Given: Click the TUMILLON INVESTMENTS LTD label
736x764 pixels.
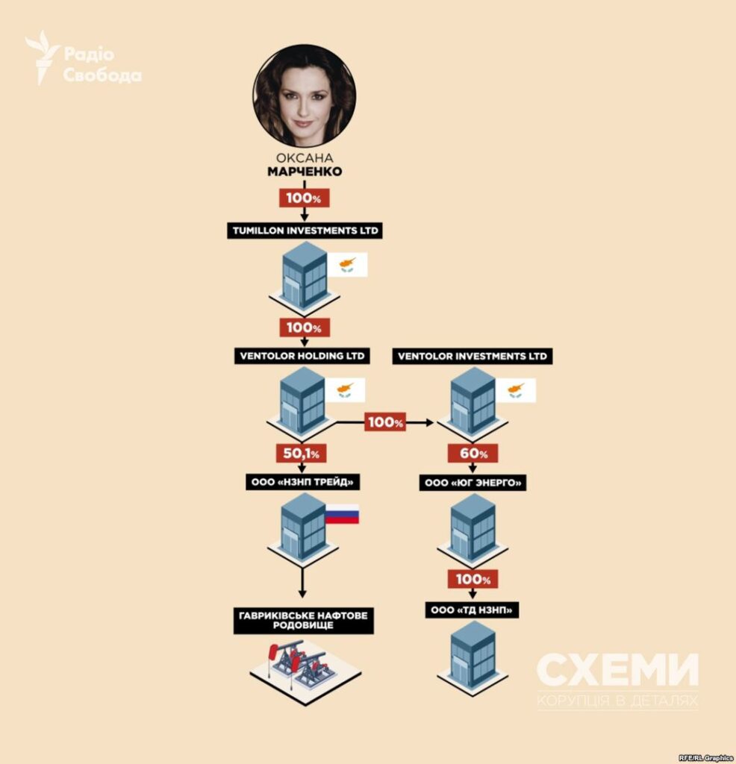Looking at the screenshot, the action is pyautogui.click(x=305, y=231).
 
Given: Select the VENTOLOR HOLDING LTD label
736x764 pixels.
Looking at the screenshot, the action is pyautogui.click(x=302, y=356).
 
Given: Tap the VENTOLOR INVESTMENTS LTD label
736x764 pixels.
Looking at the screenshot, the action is pyautogui.click(x=473, y=356).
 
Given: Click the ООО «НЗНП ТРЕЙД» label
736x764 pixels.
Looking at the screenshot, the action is pyautogui.click(x=303, y=482).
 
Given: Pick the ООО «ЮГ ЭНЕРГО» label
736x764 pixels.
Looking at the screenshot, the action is pyautogui.click(x=473, y=483).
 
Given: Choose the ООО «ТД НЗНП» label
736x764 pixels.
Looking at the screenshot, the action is pyautogui.click(x=472, y=610).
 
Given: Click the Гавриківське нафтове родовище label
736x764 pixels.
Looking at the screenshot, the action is pyautogui.click(x=304, y=620).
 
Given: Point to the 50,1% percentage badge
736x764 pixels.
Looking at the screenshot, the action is pyautogui.click(x=302, y=454).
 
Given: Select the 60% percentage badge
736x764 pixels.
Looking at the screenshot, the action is pyautogui.click(x=473, y=454).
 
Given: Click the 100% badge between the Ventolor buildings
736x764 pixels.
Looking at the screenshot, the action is pyautogui.click(x=385, y=422).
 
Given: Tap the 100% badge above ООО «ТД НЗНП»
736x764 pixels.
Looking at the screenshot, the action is pyautogui.click(x=473, y=579).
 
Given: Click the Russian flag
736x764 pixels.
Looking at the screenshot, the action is pyautogui.click(x=342, y=515).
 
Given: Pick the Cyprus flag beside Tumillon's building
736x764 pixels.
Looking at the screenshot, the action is pyautogui.click(x=347, y=265).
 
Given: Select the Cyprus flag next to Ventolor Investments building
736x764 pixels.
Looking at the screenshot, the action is pyautogui.click(x=516, y=390).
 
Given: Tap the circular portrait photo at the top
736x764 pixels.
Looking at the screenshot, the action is pyautogui.click(x=305, y=96).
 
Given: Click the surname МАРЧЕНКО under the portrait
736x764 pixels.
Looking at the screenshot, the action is pyautogui.click(x=305, y=172).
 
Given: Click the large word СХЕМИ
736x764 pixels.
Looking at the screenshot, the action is pyautogui.click(x=617, y=671).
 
